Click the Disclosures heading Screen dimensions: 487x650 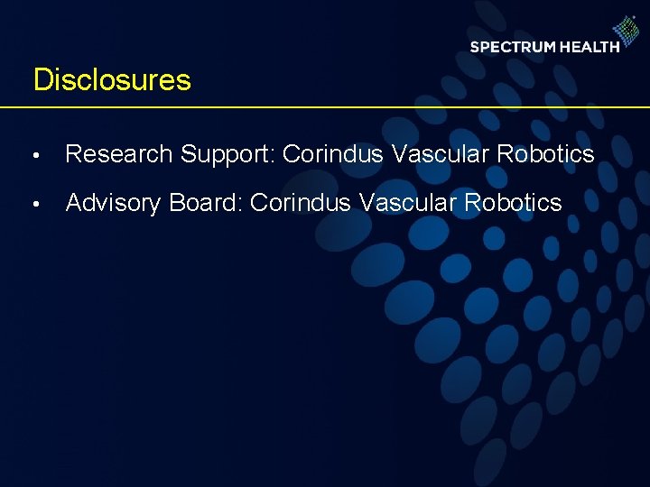point(112,79)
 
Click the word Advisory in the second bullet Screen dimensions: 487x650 point(114,203)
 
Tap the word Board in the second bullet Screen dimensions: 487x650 point(204,203)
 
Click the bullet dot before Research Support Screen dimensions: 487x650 point(35,156)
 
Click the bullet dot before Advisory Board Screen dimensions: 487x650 point(35,205)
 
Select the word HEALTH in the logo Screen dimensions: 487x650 point(590,47)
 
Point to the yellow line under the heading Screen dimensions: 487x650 point(325,107)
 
